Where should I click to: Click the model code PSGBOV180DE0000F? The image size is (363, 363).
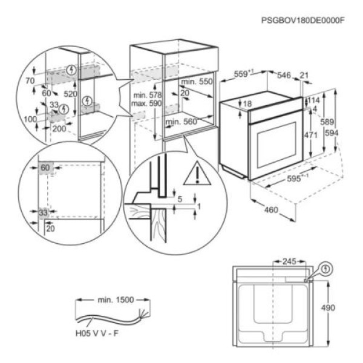pos(303,21)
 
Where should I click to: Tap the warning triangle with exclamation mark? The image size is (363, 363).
pos(197,174)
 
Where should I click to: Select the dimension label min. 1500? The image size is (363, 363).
pos(116,300)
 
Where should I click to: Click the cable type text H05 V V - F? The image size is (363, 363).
pos(97,333)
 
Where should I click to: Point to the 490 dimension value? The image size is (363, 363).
pos(328,308)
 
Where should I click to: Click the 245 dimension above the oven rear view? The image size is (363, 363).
pos(289,261)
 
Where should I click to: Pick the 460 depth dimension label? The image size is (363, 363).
pos(271,210)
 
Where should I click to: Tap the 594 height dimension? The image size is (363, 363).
pos(332,133)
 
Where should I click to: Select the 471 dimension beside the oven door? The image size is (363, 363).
pos(311,135)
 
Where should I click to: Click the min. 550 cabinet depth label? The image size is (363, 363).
pos(197,82)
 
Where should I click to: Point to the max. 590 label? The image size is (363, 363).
pos(146,103)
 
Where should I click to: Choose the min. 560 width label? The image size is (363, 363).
pos(181,122)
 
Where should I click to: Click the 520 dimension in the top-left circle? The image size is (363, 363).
pos(70,94)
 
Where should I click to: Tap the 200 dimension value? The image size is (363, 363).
pos(59,129)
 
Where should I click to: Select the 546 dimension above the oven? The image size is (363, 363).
pos(284,75)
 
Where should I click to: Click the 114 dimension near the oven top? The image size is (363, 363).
pos(313,100)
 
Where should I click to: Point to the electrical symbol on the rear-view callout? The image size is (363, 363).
pos(327,269)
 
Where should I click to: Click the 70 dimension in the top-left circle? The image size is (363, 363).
pos(30,80)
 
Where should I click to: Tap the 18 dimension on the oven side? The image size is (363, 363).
pos(247,103)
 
